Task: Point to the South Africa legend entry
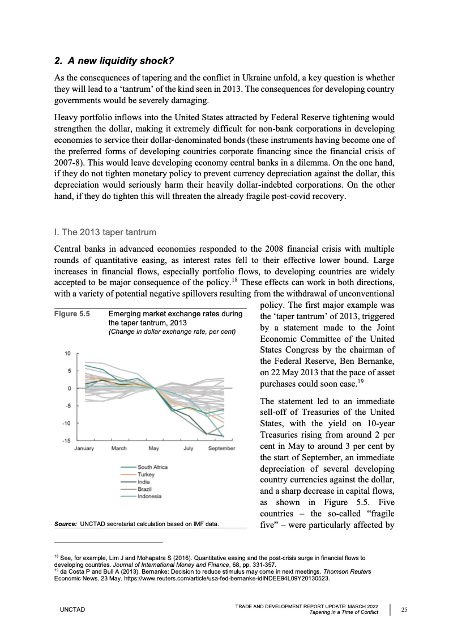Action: (153, 467)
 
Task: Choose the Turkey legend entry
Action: (147, 474)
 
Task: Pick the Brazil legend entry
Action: (146, 489)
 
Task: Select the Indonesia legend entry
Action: (149, 497)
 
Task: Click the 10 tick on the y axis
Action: (67, 354)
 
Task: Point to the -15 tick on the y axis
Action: (66, 440)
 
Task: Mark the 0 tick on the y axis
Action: (68, 388)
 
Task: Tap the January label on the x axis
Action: (85, 448)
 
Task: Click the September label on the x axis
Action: (221, 448)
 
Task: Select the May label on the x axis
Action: (153, 448)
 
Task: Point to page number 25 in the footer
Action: (404, 609)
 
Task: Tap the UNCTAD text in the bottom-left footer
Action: (72, 609)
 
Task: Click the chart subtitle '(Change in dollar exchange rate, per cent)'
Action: (172, 331)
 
